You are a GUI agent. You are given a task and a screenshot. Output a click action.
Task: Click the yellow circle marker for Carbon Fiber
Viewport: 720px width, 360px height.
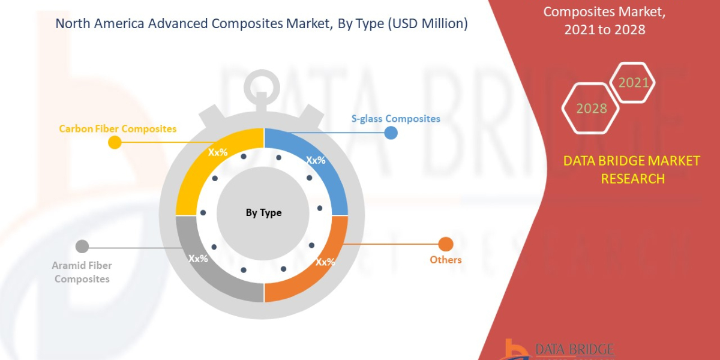pyautogui.click(x=115, y=142)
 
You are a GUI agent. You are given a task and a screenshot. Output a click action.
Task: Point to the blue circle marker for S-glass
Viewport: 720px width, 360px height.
pyautogui.click(x=391, y=132)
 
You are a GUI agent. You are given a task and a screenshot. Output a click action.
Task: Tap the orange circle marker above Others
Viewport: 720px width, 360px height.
pyautogui.click(x=445, y=244)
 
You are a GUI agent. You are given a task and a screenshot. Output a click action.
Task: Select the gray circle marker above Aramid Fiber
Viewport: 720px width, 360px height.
pyautogui.click(x=82, y=246)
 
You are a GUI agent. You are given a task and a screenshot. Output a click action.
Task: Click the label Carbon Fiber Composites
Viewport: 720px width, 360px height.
pyautogui.click(x=118, y=128)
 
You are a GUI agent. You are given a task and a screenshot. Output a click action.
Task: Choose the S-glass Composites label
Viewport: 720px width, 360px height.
pyautogui.click(x=395, y=118)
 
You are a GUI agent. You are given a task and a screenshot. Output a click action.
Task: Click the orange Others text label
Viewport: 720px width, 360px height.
pyautogui.click(x=445, y=260)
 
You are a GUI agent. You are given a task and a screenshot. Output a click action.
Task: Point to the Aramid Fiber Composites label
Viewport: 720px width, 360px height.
pyautogui.click(x=82, y=272)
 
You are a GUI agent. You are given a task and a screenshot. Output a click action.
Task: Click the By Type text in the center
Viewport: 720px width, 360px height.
pyautogui.click(x=263, y=213)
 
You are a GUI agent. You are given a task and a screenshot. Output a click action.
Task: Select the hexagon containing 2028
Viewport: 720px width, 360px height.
pyautogui.click(x=592, y=109)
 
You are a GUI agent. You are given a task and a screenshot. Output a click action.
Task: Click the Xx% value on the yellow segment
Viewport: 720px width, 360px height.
pyautogui.click(x=218, y=152)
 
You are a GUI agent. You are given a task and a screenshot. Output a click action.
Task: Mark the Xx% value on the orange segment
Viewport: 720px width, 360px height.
pyautogui.click(x=325, y=262)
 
